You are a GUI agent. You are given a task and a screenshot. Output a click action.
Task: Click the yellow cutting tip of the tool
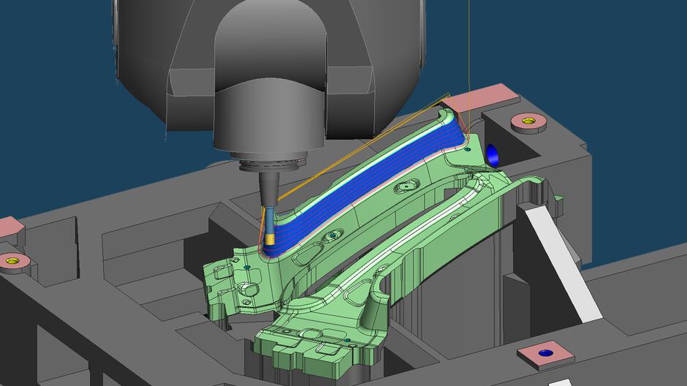coord(270,238)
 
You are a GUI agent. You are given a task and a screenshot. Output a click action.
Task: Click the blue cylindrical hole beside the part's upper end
coord(492,154)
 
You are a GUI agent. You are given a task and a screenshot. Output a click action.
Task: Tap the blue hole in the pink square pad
coord(544,353)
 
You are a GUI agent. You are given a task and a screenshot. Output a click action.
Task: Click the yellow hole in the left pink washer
coord(12,259)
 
